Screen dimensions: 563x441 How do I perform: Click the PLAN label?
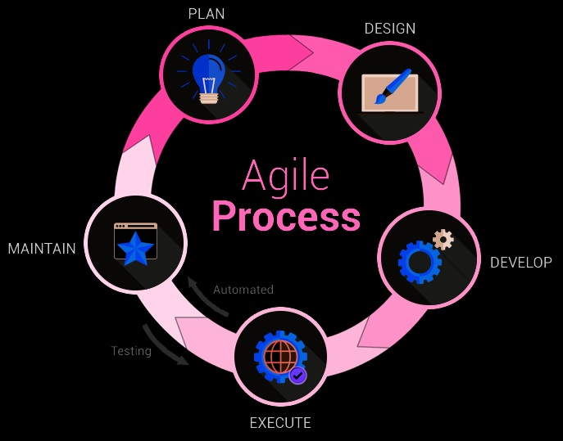tap(206, 14)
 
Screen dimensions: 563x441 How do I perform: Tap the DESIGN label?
tap(389, 29)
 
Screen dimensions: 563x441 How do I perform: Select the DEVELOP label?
tap(520, 263)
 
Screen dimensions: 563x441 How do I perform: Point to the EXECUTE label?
tap(279, 423)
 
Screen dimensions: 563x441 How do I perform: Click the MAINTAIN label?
tap(42, 248)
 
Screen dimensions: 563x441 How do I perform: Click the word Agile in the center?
tap(285, 177)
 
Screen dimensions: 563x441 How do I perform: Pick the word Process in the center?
tap(286, 218)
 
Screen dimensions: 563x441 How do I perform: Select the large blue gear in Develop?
tap(419, 262)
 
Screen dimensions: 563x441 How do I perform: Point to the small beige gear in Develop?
tap(443, 239)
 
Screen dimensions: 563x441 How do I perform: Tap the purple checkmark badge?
tap(298, 376)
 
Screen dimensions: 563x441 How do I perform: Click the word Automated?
tap(243, 290)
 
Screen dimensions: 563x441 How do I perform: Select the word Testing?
tap(131, 351)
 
